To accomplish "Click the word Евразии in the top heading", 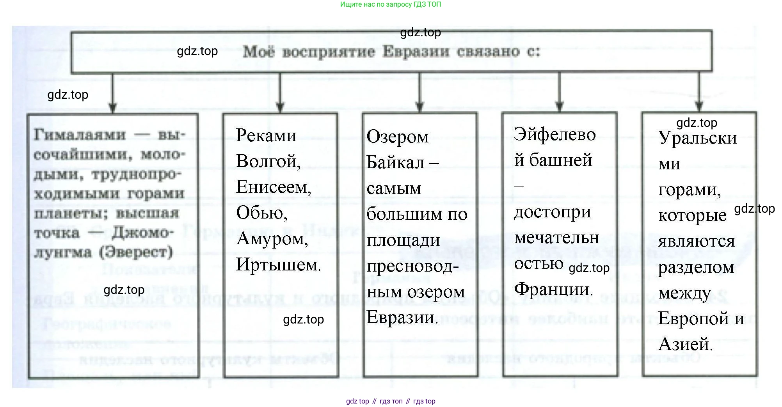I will tap(416, 52).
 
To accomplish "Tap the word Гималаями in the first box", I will tap(80, 135).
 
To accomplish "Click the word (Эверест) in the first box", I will tap(136, 252).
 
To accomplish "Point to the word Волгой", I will tap(268, 161).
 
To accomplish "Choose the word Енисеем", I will tap(273, 187).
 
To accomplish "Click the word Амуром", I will tap(272, 239).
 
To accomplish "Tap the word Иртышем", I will tap(278, 265).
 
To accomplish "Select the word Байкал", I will tap(395, 162).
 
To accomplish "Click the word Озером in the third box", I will tap(397, 137).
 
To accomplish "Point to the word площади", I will tap(403, 240).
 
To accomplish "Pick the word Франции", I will tap(553, 290).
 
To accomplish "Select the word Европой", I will tap(693, 318).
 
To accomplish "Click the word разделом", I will tap(696, 268).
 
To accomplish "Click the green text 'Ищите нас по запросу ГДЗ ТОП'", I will tap(391, 5).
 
